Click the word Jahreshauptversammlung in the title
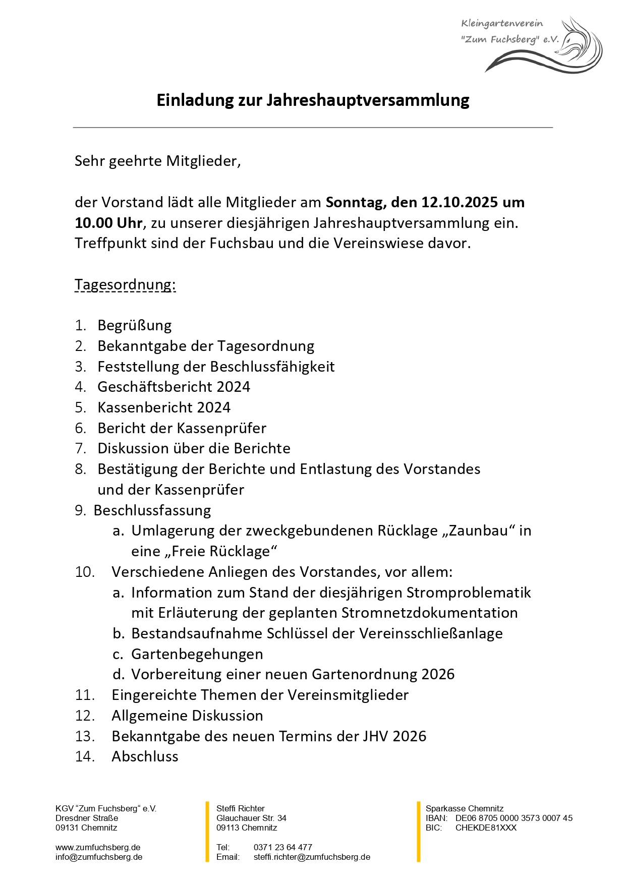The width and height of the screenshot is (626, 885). click(368, 100)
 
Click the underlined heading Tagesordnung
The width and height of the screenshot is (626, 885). click(125, 285)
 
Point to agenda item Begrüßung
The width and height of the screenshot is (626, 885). click(135, 326)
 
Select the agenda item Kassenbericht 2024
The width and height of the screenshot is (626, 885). click(164, 407)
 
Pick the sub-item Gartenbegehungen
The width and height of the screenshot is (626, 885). click(197, 654)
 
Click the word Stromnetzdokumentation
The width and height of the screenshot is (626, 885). click(429, 613)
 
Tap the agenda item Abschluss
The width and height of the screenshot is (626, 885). click(145, 757)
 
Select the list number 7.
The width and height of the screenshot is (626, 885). click(81, 449)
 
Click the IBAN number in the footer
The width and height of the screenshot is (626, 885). click(514, 818)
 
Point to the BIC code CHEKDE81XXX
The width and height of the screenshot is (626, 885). click(486, 828)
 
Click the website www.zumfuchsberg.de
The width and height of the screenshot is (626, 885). click(98, 848)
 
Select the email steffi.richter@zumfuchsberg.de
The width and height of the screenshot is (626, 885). click(312, 857)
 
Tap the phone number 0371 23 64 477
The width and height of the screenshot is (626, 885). click(282, 848)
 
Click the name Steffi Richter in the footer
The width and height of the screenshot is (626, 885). click(240, 809)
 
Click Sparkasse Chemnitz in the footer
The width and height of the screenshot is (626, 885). click(464, 809)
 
